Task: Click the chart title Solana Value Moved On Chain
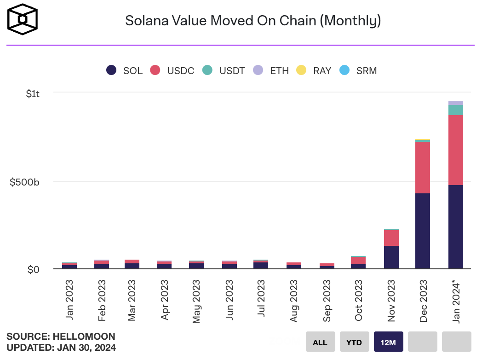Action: (253, 21)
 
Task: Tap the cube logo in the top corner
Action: (21, 20)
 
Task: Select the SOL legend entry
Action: (125, 70)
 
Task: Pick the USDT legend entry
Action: (224, 70)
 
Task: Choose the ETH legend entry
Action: (271, 70)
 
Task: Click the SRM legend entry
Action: (358, 70)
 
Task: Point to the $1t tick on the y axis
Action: (33, 94)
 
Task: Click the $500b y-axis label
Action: (25, 182)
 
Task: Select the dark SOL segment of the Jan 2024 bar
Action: (455, 226)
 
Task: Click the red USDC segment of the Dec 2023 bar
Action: (422, 168)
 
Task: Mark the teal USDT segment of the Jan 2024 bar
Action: (455, 110)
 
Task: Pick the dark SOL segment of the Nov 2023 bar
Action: (391, 257)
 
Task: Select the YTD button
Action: (355, 342)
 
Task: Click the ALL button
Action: (320, 342)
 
